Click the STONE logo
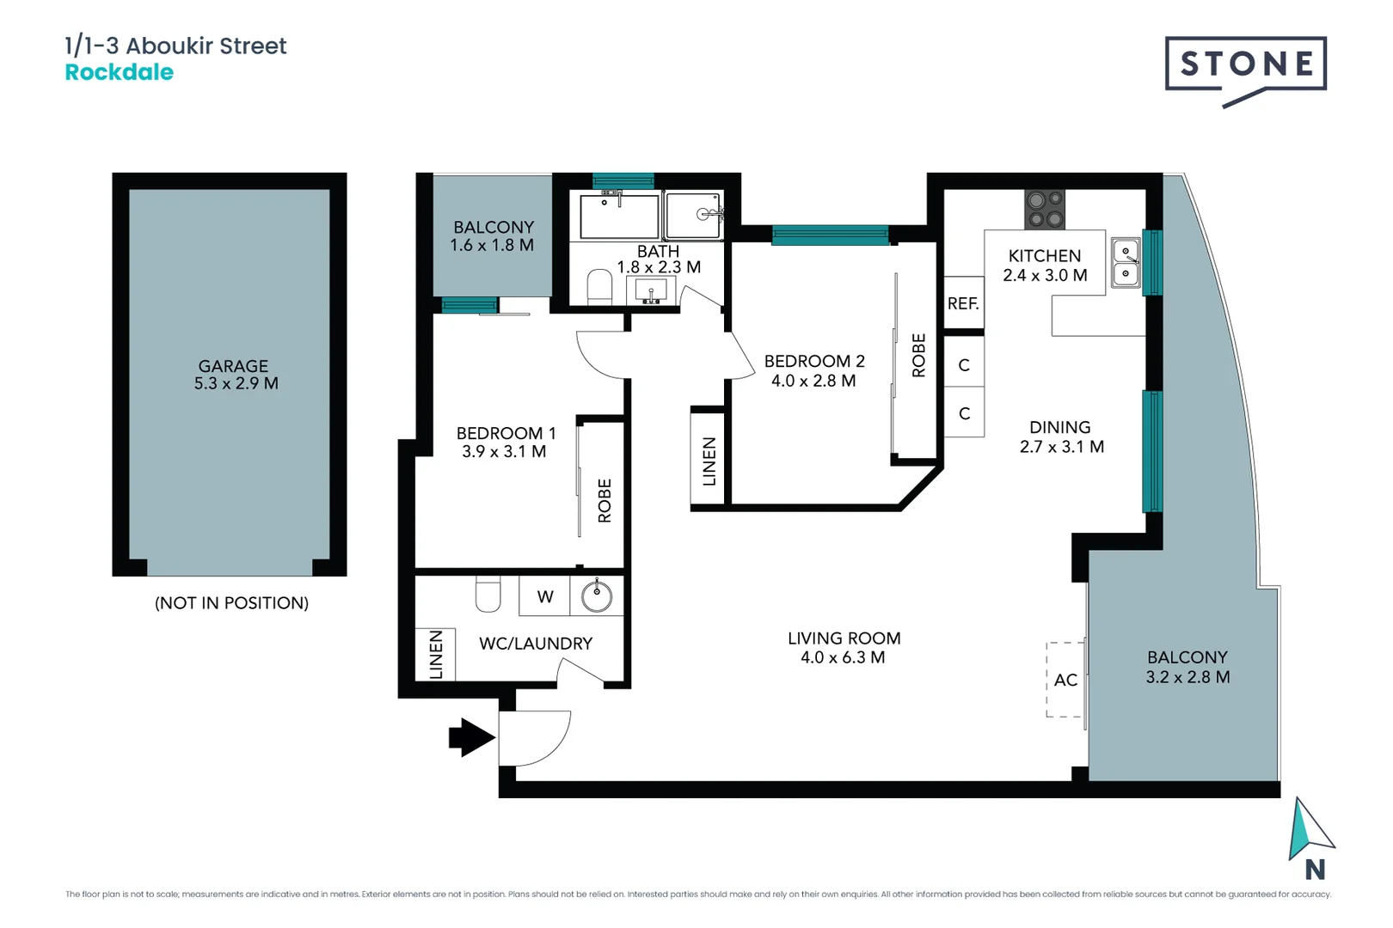[1245, 64]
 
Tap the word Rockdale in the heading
[120, 72]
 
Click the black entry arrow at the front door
[471, 737]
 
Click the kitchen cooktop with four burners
[1045, 210]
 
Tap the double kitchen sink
[1126, 263]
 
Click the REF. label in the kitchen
[963, 303]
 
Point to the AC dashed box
[1065, 680]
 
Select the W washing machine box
[544, 596]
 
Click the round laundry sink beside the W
[596, 595]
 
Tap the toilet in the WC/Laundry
[488, 594]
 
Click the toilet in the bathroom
[599, 287]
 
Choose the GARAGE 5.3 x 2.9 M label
[235, 375]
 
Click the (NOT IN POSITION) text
[231, 603]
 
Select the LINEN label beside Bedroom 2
[709, 461]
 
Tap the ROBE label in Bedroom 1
[604, 500]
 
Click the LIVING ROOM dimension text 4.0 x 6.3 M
[843, 657]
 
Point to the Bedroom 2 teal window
[829, 235]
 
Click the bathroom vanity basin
[651, 291]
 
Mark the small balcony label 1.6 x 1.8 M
[492, 245]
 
